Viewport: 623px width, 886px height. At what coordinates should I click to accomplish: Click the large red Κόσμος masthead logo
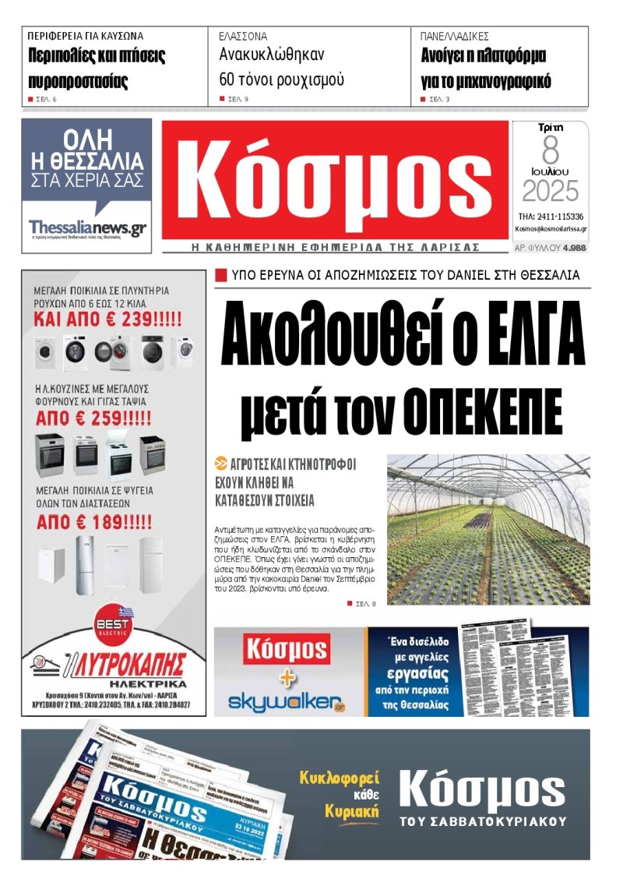(x=335, y=182)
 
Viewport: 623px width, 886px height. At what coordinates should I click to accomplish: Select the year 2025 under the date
(x=551, y=192)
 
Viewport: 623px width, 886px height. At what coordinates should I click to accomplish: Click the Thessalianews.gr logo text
(x=87, y=228)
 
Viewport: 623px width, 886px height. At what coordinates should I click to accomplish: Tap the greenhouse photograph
(x=488, y=531)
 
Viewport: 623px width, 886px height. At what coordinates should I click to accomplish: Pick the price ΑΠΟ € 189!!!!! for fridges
(x=95, y=521)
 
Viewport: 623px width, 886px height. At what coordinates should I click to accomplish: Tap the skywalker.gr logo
(x=287, y=703)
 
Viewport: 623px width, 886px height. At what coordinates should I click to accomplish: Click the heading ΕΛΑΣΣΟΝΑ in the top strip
(x=243, y=36)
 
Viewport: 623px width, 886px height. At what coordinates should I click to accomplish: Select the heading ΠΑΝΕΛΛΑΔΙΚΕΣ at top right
(x=454, y=36)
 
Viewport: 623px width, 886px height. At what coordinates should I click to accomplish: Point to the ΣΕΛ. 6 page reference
(x=47, y=100)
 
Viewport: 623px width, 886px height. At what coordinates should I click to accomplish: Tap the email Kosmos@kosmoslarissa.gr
(x=551, y=230)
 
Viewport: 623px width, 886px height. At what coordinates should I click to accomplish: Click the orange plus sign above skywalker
(x=287, y=677)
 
